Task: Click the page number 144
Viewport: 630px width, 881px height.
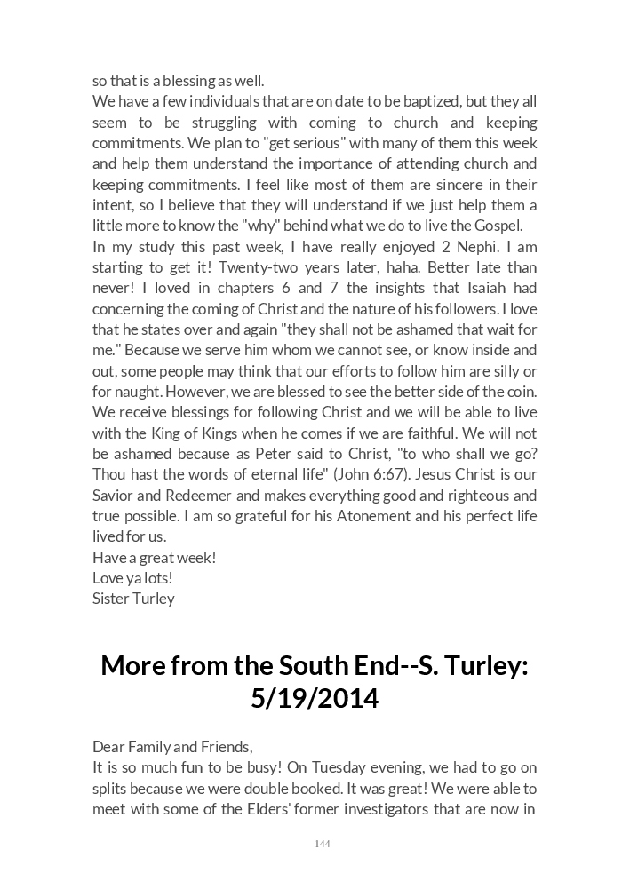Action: click(x=322, y=844)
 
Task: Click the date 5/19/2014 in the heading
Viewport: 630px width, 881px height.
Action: click(x=315, y=698)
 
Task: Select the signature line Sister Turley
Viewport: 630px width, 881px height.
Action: click(x=133, y=598)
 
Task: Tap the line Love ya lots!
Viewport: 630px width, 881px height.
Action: click(x=132, y=577)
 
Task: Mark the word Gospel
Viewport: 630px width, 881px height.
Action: click(x=497, y=226)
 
